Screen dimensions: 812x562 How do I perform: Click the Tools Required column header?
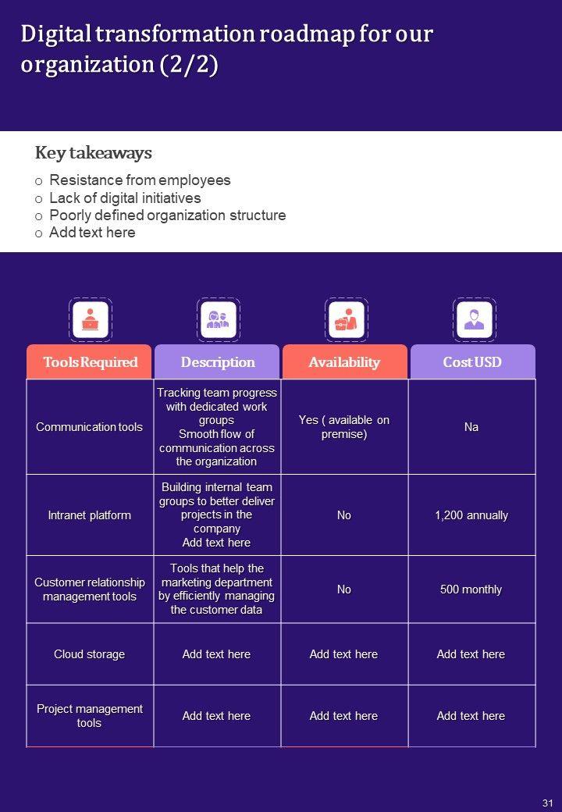click(90, 362)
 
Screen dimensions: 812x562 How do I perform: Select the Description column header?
click(218, 362)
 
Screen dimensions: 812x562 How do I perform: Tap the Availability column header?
click(344, 362)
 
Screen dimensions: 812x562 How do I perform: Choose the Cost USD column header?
click(472, 362)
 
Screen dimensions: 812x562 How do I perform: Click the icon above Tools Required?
click(91, 319)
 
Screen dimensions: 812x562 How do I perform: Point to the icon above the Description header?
click(218, 319)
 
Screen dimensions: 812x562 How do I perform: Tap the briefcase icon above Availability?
click(345, 319)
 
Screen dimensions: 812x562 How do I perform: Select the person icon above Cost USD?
click(474, 319)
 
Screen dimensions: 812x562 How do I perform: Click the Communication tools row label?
click(90, 427)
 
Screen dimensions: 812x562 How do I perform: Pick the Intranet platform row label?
click(90, 515)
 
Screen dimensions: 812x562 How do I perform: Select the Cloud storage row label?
click(90, 654)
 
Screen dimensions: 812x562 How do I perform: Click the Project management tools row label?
click(90, 716)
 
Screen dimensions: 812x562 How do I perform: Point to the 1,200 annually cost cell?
click(471, 515)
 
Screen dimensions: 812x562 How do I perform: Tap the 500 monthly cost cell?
click(471, 589)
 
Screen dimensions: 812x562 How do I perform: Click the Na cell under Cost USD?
click(471, 427)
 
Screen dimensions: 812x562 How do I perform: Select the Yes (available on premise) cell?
click(344, 427)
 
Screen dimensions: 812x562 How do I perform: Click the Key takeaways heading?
click(94, 153)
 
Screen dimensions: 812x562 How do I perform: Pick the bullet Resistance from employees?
click(140, 180)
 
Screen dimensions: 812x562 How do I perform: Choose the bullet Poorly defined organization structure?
click(167, 215)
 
